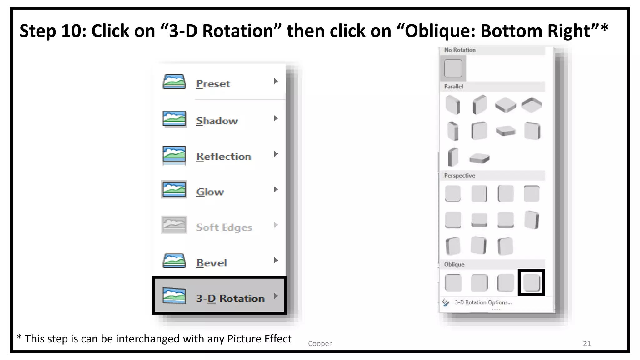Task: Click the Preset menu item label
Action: pyautogui.click(x=213, y=84)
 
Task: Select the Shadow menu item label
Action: pyautogui.click(x=217, y=121)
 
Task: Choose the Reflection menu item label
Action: pyautogui.click(x=223, y=156)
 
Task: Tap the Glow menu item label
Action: pyautogui.click(x=210, y=192)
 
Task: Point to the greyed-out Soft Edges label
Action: pyautogui.click(x=224, y=227)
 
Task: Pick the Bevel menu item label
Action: pyautogui.click(x=211, y=263)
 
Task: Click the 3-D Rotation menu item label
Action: pyautogui.click(x=230, y=298)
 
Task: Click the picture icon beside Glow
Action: pyautogui.click(x=174, y=189)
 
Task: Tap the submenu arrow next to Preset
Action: pyautogui.click(x=276, y=81)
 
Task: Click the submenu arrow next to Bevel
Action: pyautogui.click(x=276, y=260)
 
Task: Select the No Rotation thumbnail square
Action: pyautogui.click(x=453, y=68)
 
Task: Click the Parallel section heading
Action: pyautogui.click(x=453, y=87)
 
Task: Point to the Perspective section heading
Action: pyautogui.click(x=459, y=176)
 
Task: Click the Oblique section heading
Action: pyautogui.click(x=454, y=264)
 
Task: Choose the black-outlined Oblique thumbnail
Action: pyautogui.click(x=531, y=282)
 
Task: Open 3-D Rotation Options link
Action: pyautogui.click(x=483, y=302)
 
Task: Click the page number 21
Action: pyautogui.click(x=587, y=343)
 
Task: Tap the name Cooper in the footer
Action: pyautogui.click(x=320, y=343)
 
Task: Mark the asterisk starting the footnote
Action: pyautogui.click(x=19, y=337)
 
